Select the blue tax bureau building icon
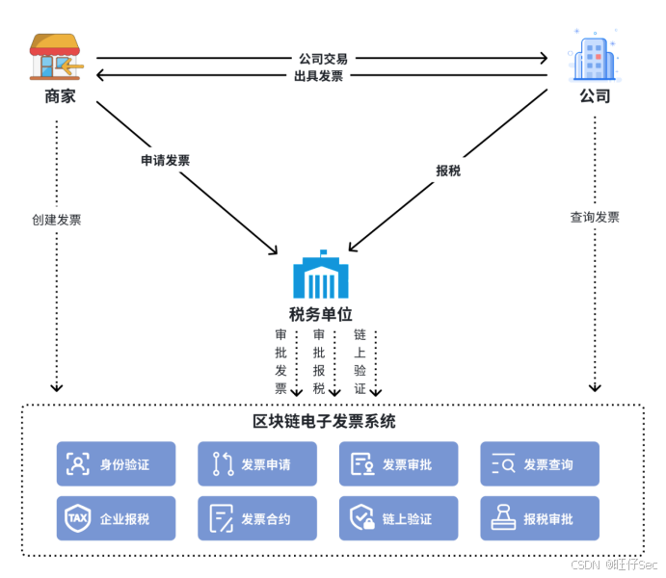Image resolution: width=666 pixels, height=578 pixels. click(321, 276)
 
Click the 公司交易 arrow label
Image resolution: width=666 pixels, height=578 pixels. click(322, 59)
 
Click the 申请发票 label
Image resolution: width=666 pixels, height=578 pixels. click(166, 161)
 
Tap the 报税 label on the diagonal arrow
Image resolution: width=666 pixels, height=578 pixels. click(448, 171)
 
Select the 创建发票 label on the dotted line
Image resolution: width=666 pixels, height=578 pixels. click(57, 220)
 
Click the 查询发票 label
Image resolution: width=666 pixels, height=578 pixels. click(595, 218)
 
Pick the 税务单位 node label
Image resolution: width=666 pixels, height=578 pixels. click(321, 314)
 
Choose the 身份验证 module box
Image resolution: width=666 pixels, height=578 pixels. click(117, 464)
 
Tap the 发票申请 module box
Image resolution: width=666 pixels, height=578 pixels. click(257, 464)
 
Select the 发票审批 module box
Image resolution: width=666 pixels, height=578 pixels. click(398, 464)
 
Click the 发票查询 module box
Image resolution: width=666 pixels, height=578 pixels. click(540, 464)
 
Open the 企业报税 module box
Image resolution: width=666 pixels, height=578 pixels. click(117, 519)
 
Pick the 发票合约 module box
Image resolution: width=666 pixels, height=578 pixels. click(257, 519)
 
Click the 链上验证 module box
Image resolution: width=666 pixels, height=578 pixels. click(398, 519)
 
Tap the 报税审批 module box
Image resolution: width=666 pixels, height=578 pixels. click(540, 519)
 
